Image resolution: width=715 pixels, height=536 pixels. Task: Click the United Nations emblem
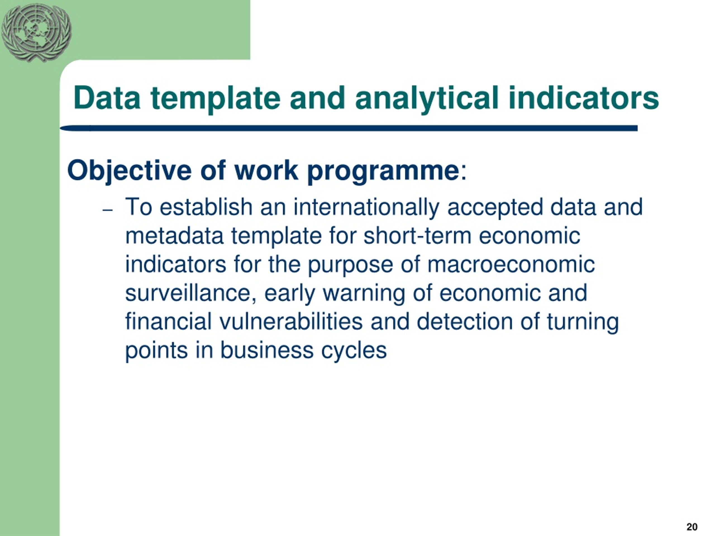[36, 33]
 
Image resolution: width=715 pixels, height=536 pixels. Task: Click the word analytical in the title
[427, 98]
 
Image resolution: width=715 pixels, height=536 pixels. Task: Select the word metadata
[174, 236]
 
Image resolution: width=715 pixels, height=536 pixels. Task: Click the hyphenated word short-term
[417, 236]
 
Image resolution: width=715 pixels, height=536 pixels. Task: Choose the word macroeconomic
[511, 265]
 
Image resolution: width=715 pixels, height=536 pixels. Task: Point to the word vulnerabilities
[291, 322]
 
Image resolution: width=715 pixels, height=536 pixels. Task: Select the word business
[267, 350]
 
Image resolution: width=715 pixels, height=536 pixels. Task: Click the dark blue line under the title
[349, 128]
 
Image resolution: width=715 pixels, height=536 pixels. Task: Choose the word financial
[168, 322]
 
